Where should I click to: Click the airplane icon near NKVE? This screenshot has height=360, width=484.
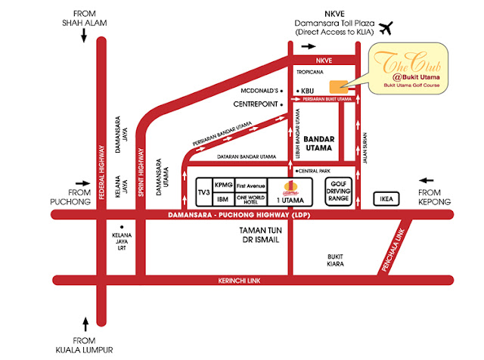[387, 28]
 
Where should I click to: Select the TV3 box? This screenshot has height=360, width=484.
[203, 194]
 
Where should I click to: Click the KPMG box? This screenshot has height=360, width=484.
[223, 185]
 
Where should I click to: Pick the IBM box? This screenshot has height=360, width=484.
[223, 200]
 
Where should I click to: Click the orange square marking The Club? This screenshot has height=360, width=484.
[337, 85]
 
